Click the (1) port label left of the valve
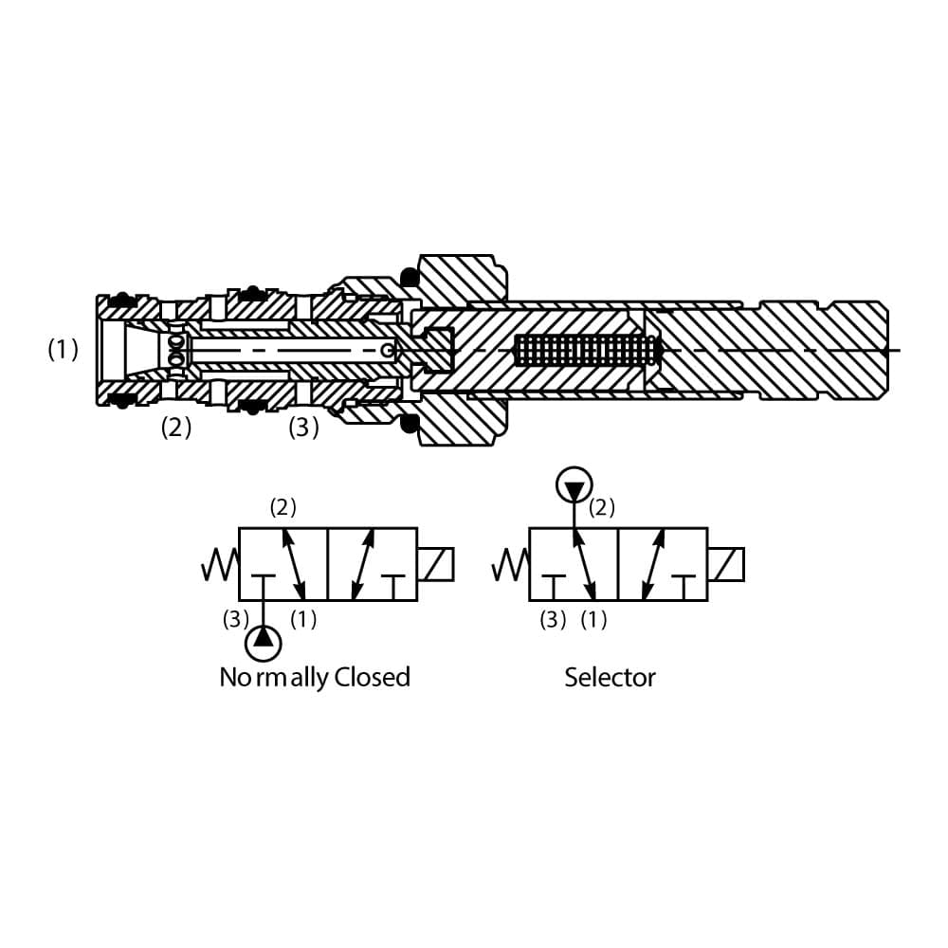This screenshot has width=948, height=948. point(63,350)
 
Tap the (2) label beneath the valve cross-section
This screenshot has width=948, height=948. point(175,428)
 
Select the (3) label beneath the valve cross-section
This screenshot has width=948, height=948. point(303,428)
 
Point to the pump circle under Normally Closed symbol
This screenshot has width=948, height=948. point(264,643)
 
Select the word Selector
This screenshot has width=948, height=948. point(610,677)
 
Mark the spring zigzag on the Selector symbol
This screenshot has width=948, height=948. point(510,566)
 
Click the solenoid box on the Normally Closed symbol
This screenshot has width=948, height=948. point(435,564)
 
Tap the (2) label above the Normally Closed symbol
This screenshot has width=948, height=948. point(283,507)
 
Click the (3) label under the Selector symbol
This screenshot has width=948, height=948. point(553,620)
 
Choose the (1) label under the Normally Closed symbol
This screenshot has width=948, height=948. point(303,620)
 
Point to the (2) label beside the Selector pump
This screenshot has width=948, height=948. point(602,507)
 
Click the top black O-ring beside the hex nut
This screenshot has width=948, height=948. point(410,277)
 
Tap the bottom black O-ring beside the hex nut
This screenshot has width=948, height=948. point(410,423)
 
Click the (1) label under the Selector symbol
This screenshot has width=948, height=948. point(593,620)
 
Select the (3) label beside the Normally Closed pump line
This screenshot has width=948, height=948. point(235,620)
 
